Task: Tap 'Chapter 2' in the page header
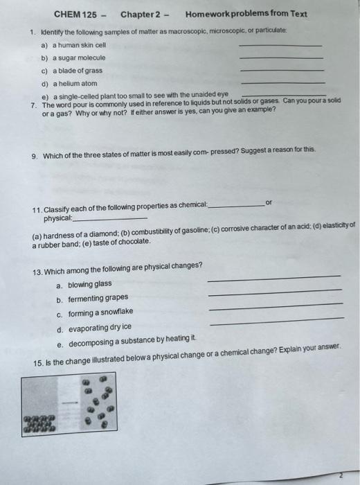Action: pyautogui.click(x=141, y=15)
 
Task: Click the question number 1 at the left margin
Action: pyautogui.click(x=32, y=32)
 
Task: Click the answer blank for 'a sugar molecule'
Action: pyautogui.click(x=280, y=58)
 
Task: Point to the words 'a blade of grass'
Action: pyautogui.click(x=78, y=71)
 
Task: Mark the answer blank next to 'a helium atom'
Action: pyautogui.click(x=280, y=83)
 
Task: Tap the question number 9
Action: pyautogui.click(x=34, y=157)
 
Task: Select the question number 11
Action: pyautogui.click(x=37, y=209)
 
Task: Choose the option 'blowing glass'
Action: pyautogui.click(x=89, y=284)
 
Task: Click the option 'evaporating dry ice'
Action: pyautogui.click(x=100, y=327)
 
